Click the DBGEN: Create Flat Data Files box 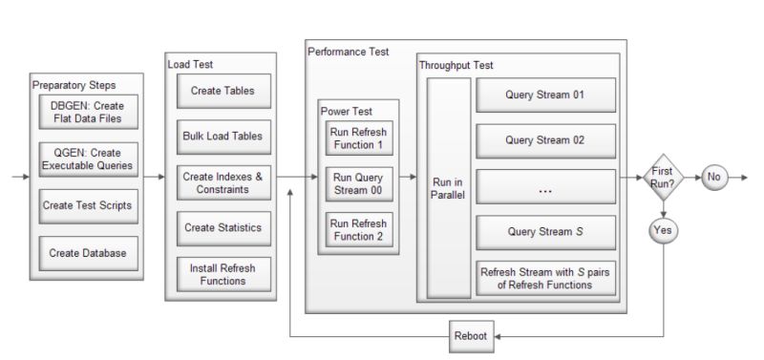tap(88, 113)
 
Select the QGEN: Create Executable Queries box tap(88, 159)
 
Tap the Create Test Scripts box tap(88, 205)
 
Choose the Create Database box tap(88, 252)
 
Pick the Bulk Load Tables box tap(222, 136)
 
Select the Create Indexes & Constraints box tap(222, 182)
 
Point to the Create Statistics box tap(222, 228)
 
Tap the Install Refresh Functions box tap(222, 274)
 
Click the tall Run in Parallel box tap(449, 188)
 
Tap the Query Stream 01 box tap(546, 95)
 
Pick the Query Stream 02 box tap(546, 141)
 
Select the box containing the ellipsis tap(546, 187)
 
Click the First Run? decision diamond tap(661, 177)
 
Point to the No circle tap(714, 177)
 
